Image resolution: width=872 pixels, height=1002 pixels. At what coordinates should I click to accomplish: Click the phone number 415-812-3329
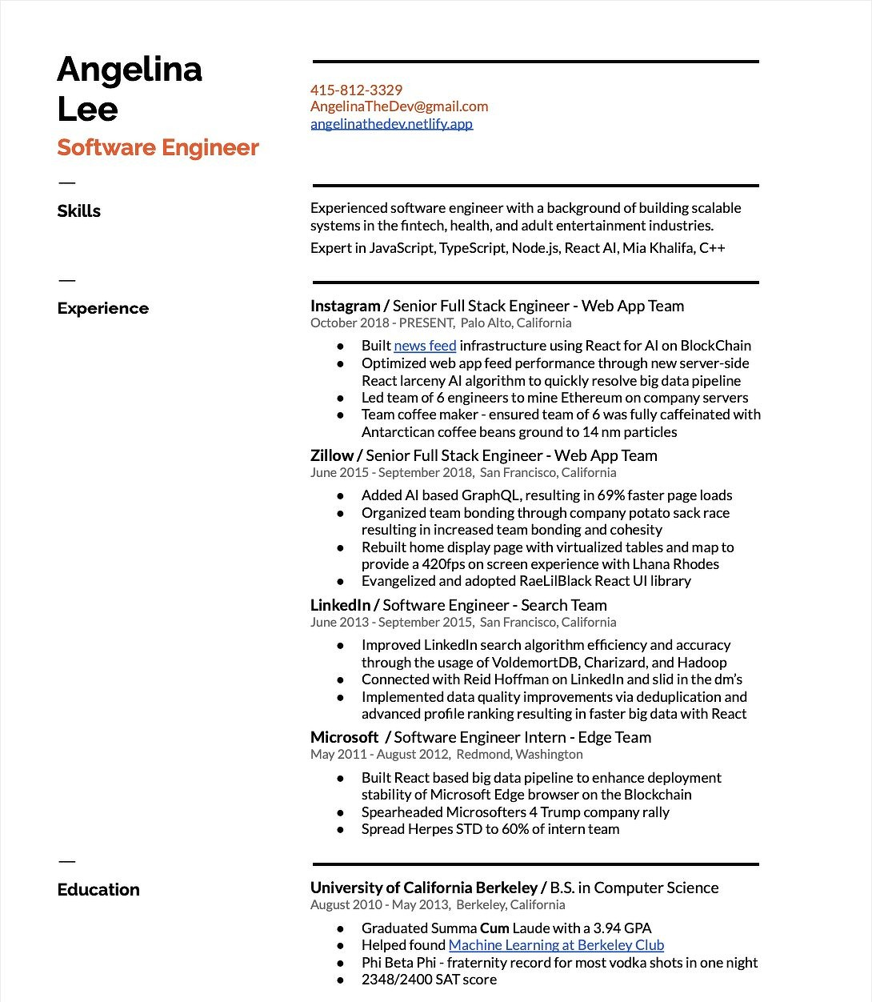coord(356,90)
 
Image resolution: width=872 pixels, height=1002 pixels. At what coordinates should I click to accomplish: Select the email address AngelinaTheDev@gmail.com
coord(399,106)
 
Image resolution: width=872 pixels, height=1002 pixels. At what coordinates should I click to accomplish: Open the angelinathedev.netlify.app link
coord(391,123)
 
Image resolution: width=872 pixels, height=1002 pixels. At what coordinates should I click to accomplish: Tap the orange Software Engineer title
coord(158,148)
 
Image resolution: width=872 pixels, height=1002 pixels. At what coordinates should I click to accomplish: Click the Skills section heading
coord(78,211)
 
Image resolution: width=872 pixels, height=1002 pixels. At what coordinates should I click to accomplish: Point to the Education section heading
coord(98,890)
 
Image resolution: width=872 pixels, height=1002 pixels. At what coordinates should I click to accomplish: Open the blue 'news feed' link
coord(425,346)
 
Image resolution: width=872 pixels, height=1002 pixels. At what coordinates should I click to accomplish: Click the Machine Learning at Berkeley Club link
coord(556,945)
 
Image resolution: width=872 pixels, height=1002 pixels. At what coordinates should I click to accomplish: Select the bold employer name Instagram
coord(345,306)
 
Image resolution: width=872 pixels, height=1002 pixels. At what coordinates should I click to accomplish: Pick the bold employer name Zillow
coord(331,455)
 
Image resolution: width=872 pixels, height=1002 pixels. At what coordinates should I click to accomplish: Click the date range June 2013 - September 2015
coord(392,622)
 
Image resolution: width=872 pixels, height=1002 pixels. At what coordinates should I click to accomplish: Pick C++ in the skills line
coord(712,248)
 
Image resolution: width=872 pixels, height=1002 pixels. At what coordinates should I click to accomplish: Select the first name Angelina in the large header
coord(130,69)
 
